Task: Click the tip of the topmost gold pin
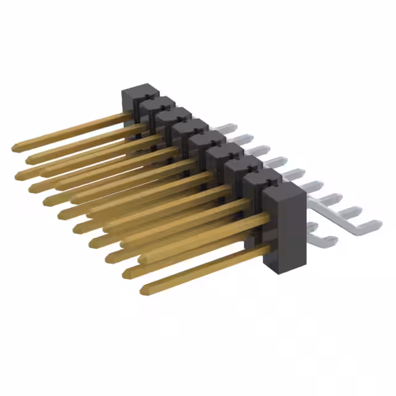[x=15, y=148]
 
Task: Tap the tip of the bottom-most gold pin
[x=144, y=289]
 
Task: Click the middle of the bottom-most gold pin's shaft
[x=204, y=269]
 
